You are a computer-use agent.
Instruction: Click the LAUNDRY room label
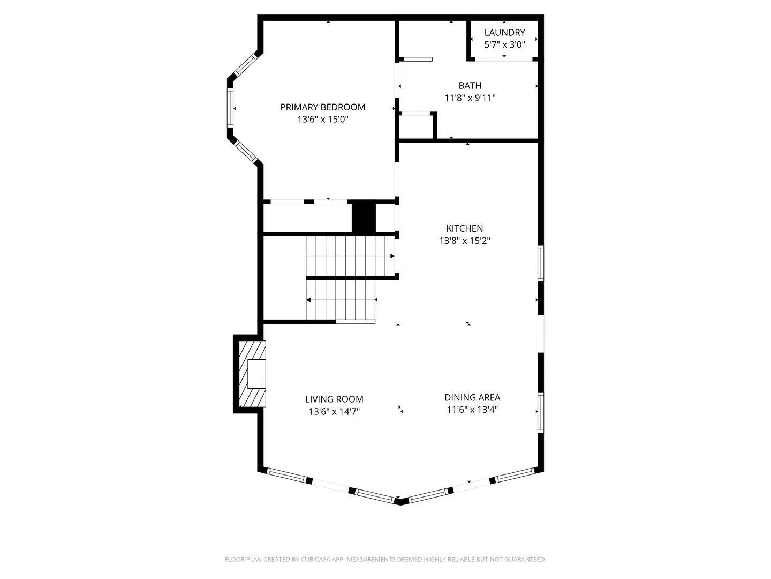(504, 33)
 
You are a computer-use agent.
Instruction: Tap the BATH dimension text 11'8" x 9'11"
(470, 98)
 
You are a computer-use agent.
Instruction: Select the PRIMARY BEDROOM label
(322, 107)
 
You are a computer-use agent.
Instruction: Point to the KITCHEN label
(464, 228)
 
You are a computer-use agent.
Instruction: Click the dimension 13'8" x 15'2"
(464, 241)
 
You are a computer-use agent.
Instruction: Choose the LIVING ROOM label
(334, 399)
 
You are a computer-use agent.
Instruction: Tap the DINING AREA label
(472, 398)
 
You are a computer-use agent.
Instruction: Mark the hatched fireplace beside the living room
(252, 374)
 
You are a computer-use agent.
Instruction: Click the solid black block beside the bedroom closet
(364, 217)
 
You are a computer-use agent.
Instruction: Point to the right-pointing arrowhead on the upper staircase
(392, 256)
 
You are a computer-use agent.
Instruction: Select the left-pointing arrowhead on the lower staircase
(308, 300)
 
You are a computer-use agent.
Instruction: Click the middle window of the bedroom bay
(230, 107)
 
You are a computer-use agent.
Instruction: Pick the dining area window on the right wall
(541, 413)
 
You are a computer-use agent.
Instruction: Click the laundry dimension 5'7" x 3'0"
(504, 44)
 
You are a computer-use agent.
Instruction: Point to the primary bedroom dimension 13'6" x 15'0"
(322, 120)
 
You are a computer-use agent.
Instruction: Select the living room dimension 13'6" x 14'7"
(334, 412)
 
